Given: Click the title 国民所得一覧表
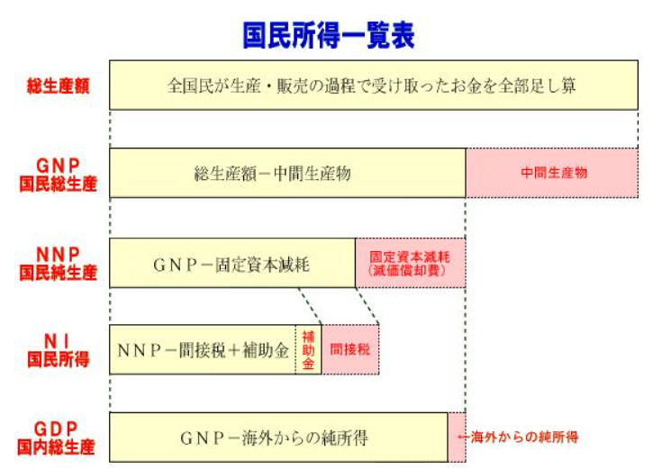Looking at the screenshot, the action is (329, 35).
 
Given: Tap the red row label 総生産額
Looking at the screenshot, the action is (59, 86).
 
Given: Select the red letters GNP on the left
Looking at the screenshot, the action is (59, 166).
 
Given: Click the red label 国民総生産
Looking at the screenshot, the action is (59, 184).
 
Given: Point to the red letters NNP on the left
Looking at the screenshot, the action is (59, 254).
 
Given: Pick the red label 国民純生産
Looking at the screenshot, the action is (59, 273).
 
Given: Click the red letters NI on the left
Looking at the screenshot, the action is (58, 341).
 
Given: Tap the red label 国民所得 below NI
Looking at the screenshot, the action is (59, 360).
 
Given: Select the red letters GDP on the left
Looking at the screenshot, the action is (56, 428).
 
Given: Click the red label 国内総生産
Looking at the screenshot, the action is (56, 447).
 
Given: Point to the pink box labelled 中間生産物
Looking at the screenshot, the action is (552, 173).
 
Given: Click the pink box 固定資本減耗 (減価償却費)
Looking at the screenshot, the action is (411, 263).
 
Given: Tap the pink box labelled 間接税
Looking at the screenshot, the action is (350, 349).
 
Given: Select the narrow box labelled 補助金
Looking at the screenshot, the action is (308, 349).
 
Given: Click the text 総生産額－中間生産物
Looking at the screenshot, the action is (272, 174).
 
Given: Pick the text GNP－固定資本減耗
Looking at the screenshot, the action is (231, 265).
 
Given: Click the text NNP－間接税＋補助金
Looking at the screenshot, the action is (203, 350).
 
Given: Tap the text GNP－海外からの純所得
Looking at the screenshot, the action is (274, 438).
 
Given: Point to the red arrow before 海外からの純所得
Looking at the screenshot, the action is (464, 437).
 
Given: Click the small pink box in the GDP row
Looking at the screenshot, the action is (457, 437).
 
